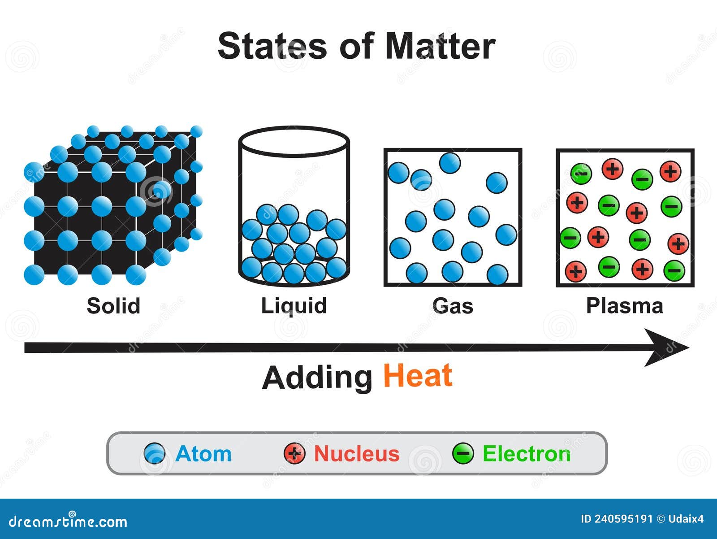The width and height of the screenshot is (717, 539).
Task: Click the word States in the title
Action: click(x=272, y=46)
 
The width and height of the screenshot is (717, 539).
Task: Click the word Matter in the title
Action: click(x=441, y=46)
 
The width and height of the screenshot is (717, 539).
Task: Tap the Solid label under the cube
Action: click(x=114, y=306)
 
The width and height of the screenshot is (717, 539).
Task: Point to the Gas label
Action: click(x=453, y=306)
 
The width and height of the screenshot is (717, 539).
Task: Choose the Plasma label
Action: click(x=625, y=306)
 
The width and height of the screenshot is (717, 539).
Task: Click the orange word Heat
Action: click(x=418, y=376)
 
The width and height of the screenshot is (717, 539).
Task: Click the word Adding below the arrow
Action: click(x=317, y=378)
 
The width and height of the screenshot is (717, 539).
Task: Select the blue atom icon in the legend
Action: click(x=155, y=453)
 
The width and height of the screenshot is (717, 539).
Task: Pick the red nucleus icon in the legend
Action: click(x=294, y=453)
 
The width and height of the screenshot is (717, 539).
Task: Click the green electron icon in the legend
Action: click(x=463, y=453)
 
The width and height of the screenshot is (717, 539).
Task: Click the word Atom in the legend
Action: click(x=203, y=454)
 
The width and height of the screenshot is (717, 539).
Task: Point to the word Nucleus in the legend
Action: click(x=357, y=454)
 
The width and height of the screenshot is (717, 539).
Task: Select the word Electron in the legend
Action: click(x=527, y=454)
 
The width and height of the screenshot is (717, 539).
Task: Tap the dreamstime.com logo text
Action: click(x=68, y=521)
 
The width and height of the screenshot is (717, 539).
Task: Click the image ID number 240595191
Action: click(x=623, y=519)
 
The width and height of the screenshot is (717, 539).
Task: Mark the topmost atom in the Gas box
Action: click(x=450, y=163)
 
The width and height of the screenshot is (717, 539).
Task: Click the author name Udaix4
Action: click(x=686, y=519)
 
